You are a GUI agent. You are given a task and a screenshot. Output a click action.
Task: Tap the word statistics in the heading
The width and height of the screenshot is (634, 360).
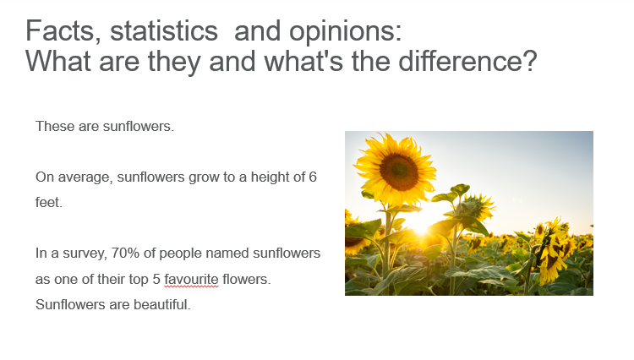[x=164, y=31]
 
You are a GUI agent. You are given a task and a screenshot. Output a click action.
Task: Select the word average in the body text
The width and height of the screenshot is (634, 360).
[x=85, y=177]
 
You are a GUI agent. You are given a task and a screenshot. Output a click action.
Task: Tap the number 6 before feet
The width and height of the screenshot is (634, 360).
[x=313, y=177]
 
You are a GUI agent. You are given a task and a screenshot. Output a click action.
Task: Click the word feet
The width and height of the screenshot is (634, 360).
[x=49, y=202]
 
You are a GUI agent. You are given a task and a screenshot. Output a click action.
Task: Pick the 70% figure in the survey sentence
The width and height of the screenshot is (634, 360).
[x=125, y=253]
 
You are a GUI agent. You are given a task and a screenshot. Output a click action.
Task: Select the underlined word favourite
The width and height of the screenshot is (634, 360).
[x=191, y=279]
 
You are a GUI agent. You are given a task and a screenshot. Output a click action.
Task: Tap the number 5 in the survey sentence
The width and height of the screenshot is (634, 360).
[x=156, y=279]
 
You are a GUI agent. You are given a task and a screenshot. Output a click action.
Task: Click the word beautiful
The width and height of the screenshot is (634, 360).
[x=161, y=304]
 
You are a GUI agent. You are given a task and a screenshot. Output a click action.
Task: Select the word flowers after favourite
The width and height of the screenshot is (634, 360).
[x=246, y=279]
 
